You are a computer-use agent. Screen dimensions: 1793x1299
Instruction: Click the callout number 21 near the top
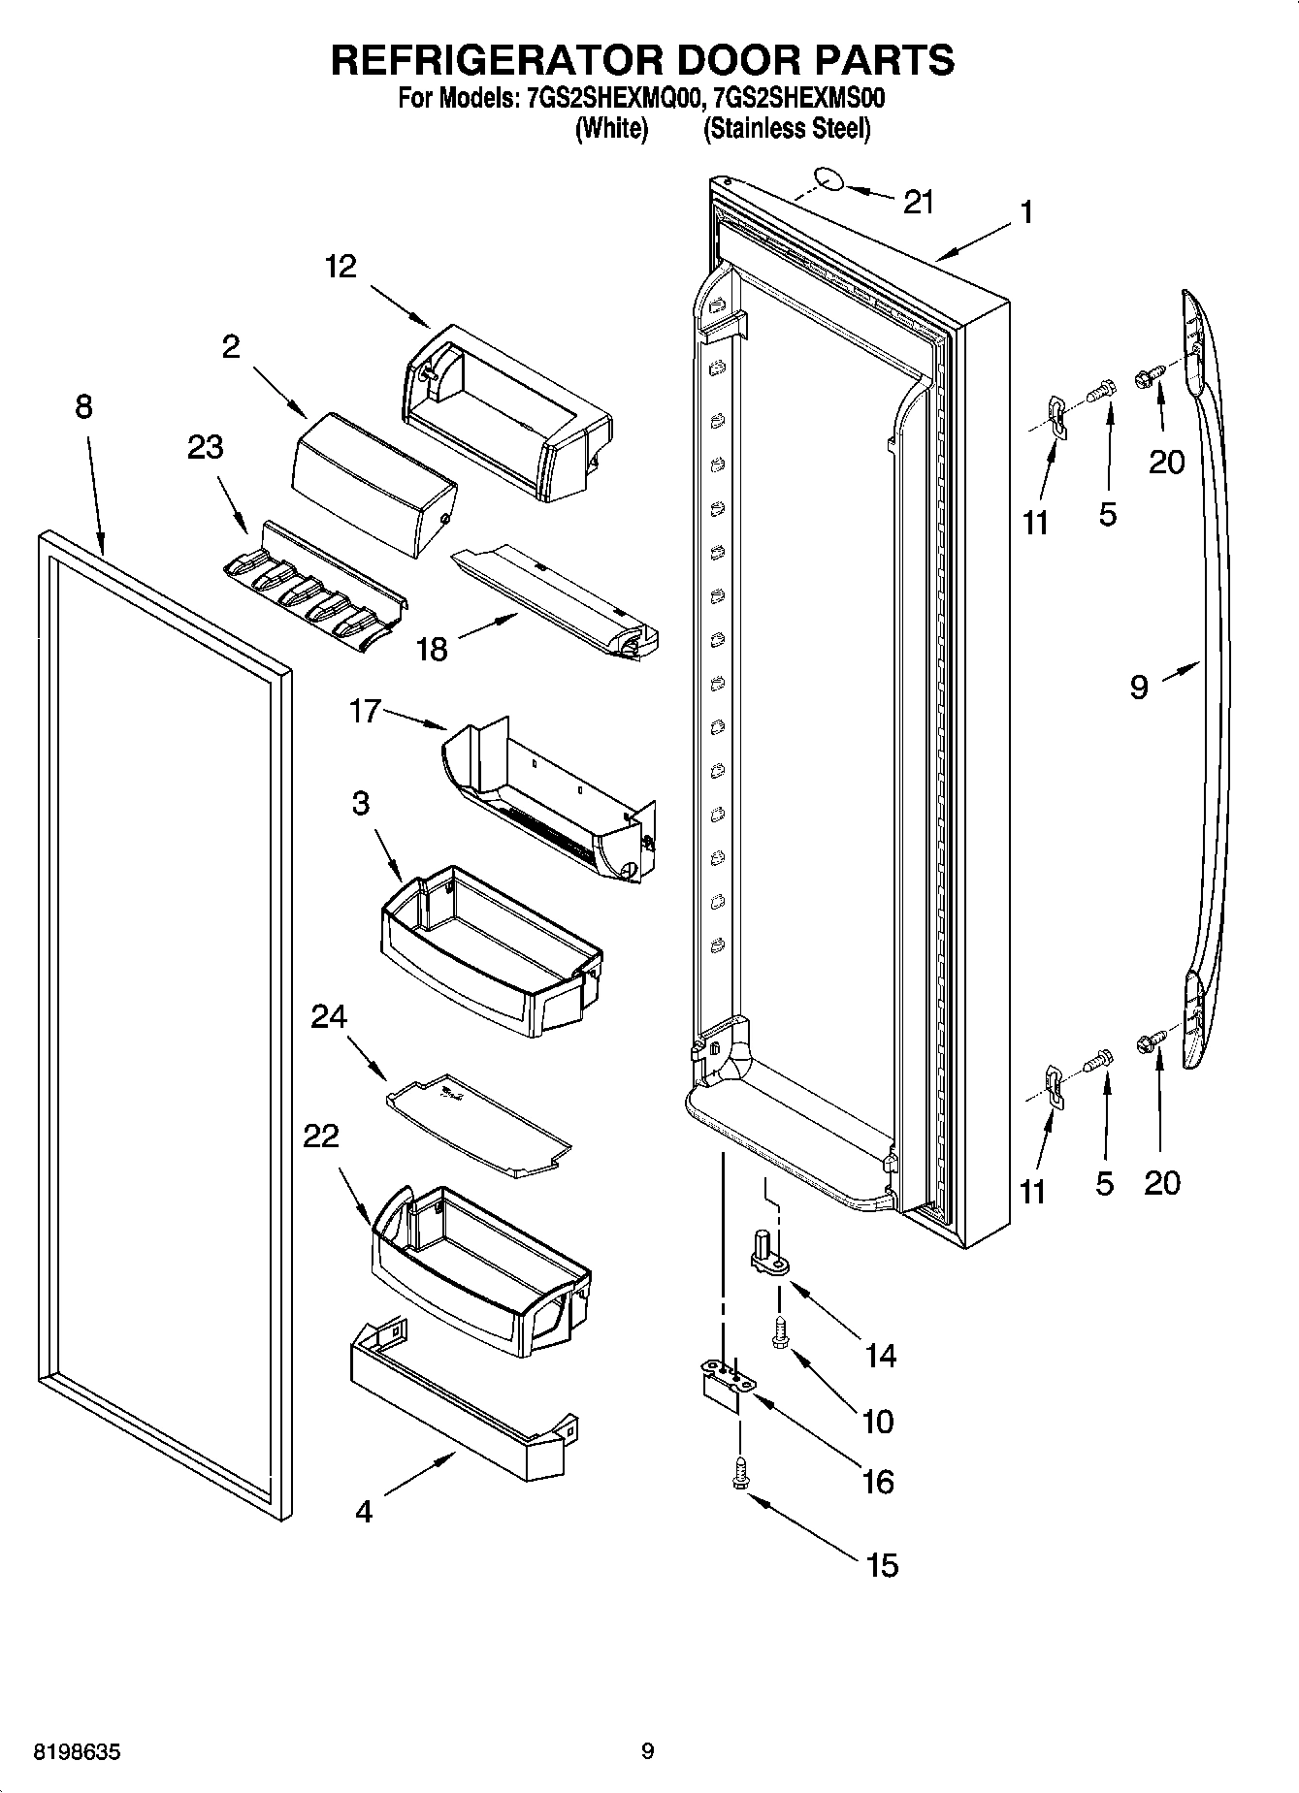[918, 203]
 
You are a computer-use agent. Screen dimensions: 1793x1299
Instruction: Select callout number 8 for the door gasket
[83, 406]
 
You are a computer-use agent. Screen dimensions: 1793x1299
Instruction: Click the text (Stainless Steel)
[786, 128]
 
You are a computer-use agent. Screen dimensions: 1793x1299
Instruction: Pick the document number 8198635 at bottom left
[78, 1751]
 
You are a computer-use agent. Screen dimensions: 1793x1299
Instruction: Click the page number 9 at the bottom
[648, 1751]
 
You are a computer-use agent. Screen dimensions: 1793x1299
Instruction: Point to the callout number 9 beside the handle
[1139, 687]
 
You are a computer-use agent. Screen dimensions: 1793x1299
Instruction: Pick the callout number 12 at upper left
[341, 266]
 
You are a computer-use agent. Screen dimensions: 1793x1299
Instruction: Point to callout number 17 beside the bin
[365, 713]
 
